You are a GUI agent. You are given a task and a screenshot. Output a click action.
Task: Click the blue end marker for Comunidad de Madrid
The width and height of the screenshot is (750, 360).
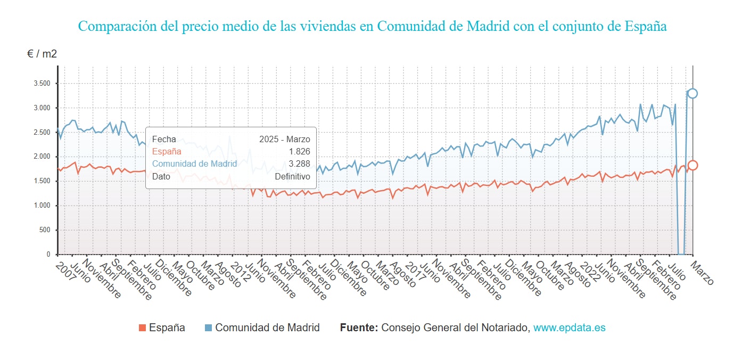pos(692,93)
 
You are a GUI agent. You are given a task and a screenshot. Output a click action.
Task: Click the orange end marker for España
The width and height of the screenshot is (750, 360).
pos(692,165)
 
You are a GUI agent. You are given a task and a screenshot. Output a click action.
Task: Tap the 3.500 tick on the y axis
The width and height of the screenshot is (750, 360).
pos(42,84)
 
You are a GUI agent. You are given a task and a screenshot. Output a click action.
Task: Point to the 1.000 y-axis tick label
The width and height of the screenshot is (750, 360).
pos(42,206)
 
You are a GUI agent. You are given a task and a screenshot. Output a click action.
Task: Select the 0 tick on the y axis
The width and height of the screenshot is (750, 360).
pos(48,255)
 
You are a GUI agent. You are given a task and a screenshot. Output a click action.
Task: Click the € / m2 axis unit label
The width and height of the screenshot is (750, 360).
pos(42,54)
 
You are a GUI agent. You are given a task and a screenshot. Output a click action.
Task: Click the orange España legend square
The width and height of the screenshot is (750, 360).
pos(142,328)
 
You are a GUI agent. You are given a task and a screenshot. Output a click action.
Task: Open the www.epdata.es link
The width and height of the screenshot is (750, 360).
pos(569,328)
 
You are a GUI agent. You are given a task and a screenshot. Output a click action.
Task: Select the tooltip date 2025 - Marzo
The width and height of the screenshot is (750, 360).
pos(284,140)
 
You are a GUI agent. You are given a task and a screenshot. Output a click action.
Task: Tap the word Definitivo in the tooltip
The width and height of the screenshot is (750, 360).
pos(292,176)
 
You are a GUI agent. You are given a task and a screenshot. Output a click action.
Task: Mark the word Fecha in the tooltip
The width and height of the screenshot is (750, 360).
pos(164,140)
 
